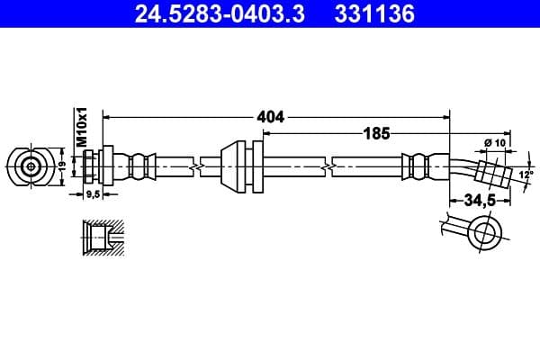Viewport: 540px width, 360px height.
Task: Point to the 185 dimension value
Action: tap(375, 133)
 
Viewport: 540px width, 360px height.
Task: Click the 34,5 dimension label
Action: tap(480, 201)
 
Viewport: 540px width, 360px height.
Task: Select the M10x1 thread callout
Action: tap(80, 127)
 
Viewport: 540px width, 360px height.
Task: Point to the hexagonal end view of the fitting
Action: tap(32, 166)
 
